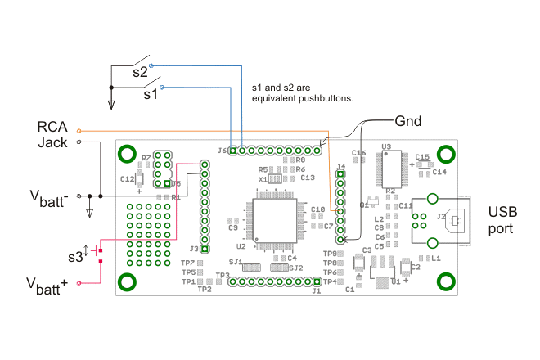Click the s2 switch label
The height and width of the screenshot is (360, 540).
pos(140,73)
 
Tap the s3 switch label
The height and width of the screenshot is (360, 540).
pos(75,256)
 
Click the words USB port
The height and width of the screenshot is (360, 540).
pos(502,220)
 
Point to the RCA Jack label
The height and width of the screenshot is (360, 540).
pos(52,135)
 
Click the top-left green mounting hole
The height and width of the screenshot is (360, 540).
pos(128,153)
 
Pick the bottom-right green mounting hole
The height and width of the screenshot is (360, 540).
pos(445,281)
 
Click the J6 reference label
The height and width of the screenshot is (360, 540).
pos(222,151)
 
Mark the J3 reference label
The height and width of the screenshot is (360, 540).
pos(194,249)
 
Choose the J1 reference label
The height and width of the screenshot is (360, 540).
pos(317,290)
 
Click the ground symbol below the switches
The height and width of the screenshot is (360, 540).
pos(112,104)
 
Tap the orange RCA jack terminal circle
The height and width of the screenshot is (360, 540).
pos(79,130)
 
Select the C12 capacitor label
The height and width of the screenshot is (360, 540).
pos(126,178)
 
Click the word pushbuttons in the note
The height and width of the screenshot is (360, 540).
pos(324,98)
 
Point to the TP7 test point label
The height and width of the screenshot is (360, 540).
pos(187,263)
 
